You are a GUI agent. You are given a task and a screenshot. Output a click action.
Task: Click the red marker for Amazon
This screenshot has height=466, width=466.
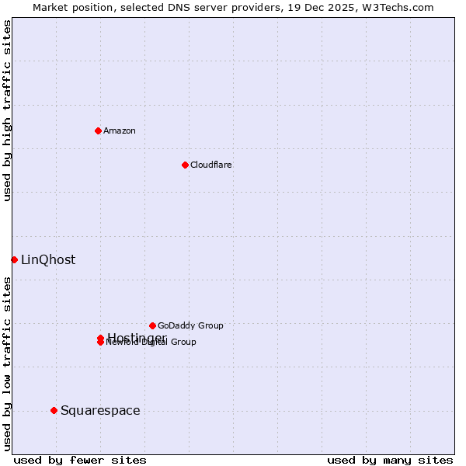[98, 130]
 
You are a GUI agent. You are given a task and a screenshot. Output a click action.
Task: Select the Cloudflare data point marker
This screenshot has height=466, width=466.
[185, 165]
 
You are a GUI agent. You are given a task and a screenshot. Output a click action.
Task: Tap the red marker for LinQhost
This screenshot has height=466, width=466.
[14, 259]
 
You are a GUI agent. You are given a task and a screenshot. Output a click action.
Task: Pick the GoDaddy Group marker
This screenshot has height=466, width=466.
[152, 325]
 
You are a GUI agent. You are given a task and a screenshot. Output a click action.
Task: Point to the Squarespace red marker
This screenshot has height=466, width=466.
[54, 410]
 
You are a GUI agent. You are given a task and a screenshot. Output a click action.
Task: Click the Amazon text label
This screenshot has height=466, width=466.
[120, 130]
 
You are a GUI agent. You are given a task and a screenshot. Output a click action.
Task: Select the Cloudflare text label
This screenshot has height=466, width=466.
[211, 165]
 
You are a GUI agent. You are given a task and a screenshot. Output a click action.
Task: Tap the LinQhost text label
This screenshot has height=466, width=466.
[48, 259]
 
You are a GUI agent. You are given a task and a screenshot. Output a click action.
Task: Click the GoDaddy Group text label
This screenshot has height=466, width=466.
[190, 325]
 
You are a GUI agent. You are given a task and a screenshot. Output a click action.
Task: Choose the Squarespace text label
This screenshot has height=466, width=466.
[100, 410]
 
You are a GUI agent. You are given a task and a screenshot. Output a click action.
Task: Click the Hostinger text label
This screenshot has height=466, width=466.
[137, 337]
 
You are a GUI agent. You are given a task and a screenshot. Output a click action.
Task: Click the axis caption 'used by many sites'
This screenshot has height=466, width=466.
[390, 461]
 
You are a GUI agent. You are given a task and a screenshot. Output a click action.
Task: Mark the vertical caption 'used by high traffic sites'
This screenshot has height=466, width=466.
[7, 110]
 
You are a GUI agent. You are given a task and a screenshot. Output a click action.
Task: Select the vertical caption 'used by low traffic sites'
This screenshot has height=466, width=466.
[7, 363]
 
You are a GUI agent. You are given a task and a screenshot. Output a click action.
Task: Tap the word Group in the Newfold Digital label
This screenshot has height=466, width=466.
[183, 342]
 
